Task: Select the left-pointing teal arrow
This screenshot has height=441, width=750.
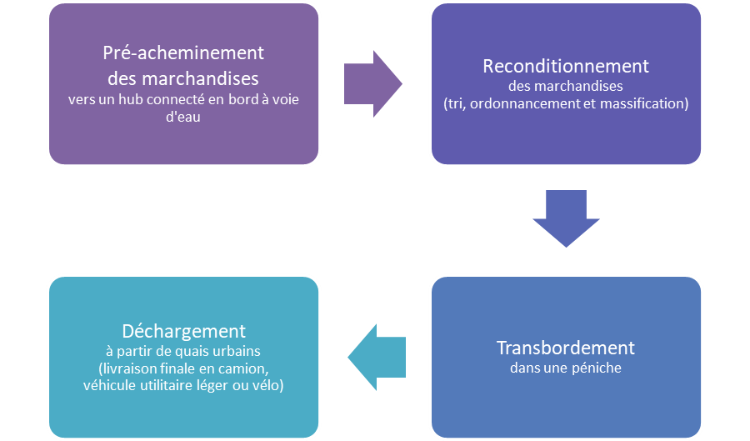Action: [377, 357]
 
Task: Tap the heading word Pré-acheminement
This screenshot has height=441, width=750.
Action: [183, 53]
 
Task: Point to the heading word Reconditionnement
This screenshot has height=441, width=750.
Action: [566, 66]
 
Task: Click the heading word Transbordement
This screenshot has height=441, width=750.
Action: [566, 347]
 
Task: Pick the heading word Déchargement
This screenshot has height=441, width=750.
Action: [183, 331]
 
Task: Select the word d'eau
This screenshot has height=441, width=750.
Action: [183, 118]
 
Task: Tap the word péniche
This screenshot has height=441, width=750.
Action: [595, 367]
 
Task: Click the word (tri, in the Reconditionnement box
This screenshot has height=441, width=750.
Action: [455, 104]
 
